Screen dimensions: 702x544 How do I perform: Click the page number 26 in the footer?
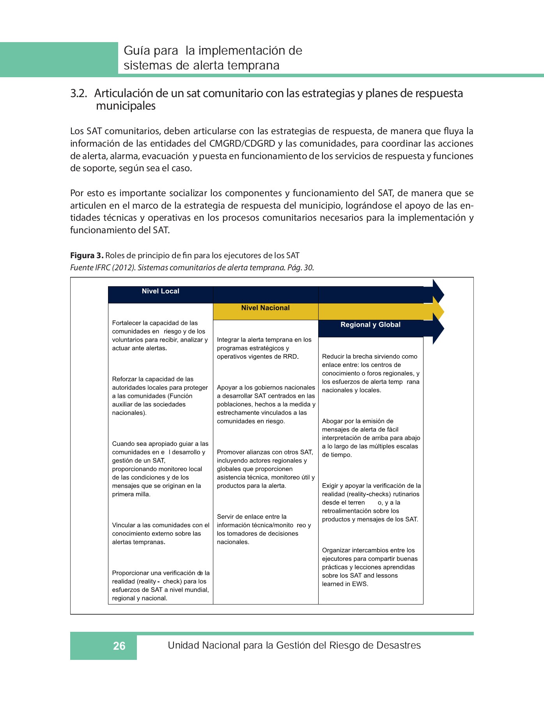[119, 646]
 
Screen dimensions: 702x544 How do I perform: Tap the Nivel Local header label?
[160, 291]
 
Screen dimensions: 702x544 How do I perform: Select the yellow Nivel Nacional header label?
[265, 308]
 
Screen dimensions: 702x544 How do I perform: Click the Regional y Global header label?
[370, 325]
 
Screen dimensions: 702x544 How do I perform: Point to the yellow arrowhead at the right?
[438, 312]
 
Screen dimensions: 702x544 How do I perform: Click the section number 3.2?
[78, 94]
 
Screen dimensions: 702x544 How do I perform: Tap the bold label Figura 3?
[87, 256]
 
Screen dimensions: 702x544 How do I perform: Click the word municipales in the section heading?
[126, 106]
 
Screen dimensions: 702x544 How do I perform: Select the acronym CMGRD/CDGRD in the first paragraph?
[242, 144]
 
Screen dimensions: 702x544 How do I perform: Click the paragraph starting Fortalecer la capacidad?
[160, 335]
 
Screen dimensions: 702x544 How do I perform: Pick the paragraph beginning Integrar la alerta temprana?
[264, 348]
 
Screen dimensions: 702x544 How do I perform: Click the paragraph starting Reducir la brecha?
[370, 373]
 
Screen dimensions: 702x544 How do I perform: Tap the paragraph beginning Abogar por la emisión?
[370, 438]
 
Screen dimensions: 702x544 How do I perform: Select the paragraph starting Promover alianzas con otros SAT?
[265, 469]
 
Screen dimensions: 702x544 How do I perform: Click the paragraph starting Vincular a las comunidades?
[160, 534]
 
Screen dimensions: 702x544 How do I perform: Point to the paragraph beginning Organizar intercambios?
[369, 567]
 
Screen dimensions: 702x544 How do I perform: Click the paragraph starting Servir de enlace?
[264, 529]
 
